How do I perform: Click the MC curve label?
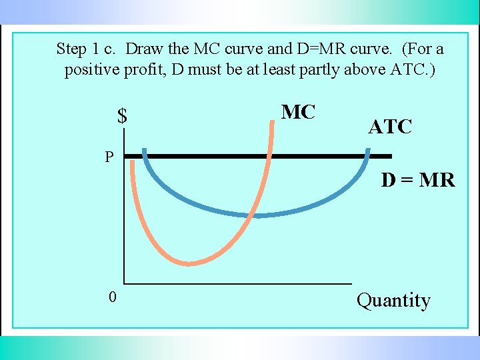(x=298, y=113)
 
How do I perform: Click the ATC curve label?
(x=390, y=127)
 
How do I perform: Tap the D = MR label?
(x=417, y=180)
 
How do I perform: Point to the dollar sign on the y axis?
(x=122, y=117)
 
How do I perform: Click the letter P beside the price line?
(x=109, y=157)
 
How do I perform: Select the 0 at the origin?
(x=113, y=297)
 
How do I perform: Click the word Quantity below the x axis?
(x=393, y=301)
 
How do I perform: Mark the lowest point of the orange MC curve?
(x=189, y=263)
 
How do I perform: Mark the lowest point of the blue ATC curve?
(x=257, y=215)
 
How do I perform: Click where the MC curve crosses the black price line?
(x=269, y=157)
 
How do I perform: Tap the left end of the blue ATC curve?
(x=145, y=150)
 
